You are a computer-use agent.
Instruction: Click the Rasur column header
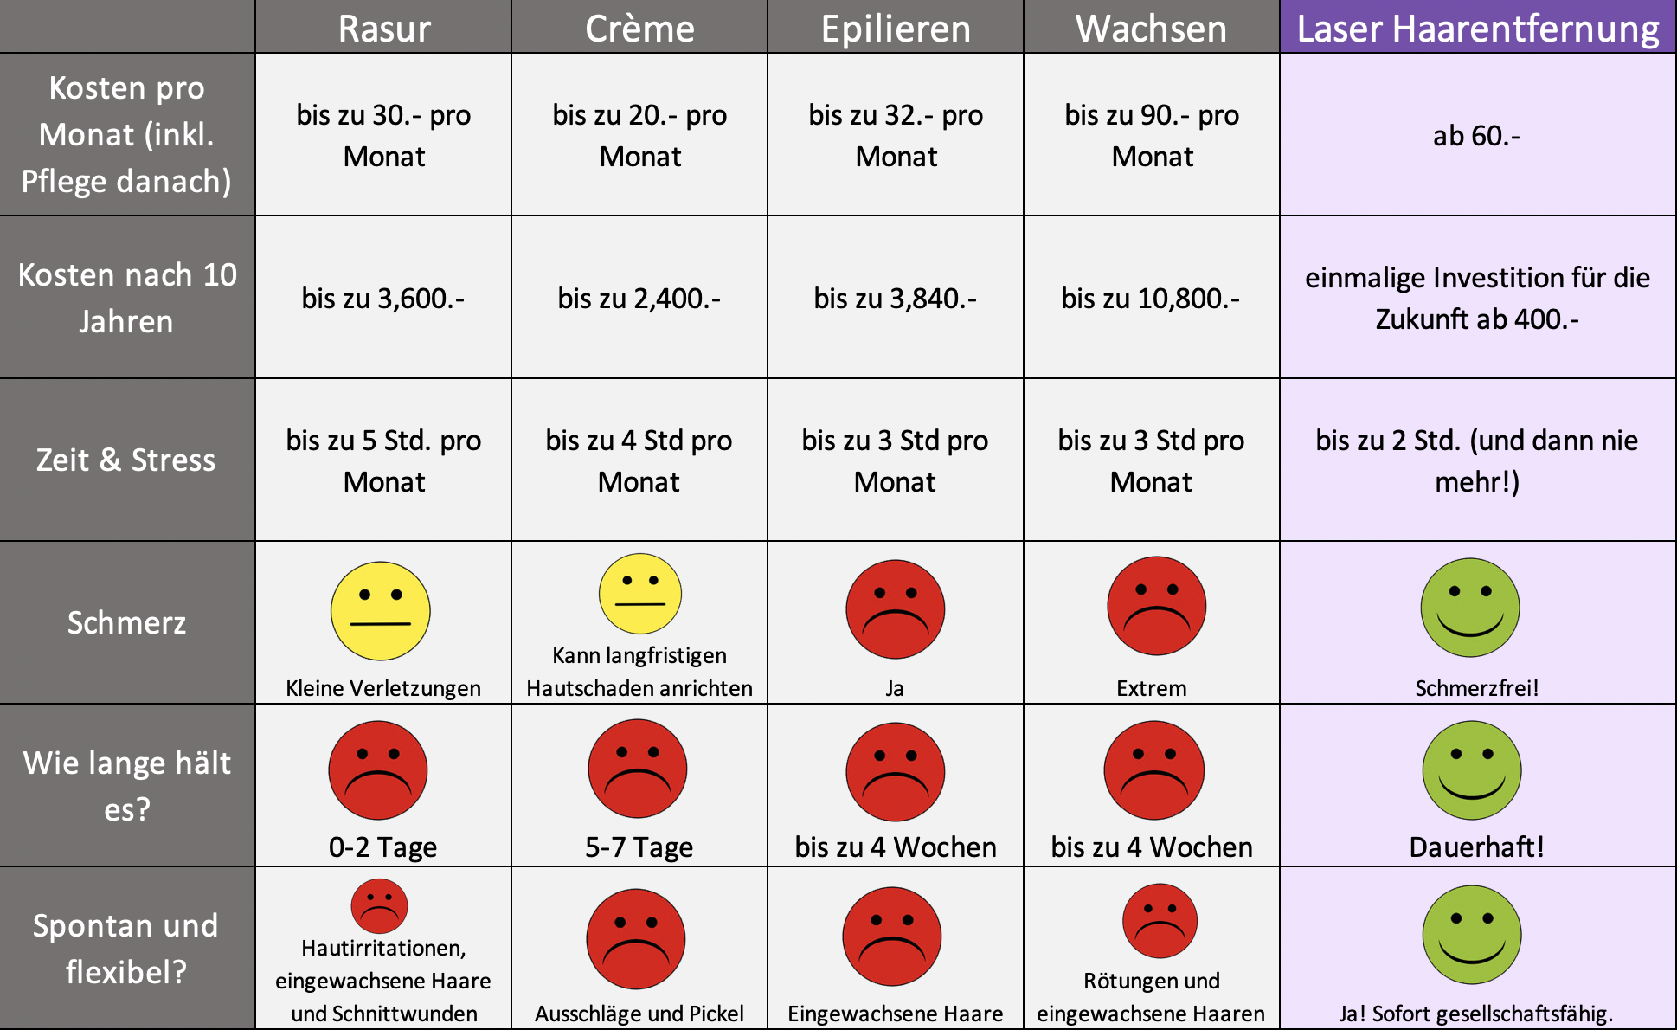pyautogui.click(x=383, y=29)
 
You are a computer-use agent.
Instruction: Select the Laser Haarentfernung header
pyautogui.click(x=1477, y=29)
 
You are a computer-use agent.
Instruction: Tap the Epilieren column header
pyautogui.click(x=896, y=29)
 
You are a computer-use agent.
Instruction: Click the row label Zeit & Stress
pyautogui.click(x=126, y=460)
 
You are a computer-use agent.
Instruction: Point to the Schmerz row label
pyautogui.click(x=126, y=622)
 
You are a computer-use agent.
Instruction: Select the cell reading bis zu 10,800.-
pyautogui.click(x=1151, y=299)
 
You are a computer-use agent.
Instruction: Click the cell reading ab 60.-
pyautogui.click(x=1476, y=136)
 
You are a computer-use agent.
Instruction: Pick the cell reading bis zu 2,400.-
pyautogui.click(x=639, y=299)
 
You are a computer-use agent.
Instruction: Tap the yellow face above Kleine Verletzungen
pyautogui.click(x=381, y=611)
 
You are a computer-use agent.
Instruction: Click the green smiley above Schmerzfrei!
pyautogui.click(x=1470, y=608)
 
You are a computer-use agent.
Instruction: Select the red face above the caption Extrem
pyautogui.click(x=1156, y=606)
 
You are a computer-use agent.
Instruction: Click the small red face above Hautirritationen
pyautogui.click(x=379, y=906)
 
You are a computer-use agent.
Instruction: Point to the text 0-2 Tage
pyautogui.click(x=382, y=847)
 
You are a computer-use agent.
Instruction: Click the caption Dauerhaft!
pyautogui.click(x=1476, y=847)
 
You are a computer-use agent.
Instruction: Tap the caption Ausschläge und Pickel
pyautogui.click(x=639, y=1014)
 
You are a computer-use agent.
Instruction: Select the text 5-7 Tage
pyautogui.click(x=639, y=847)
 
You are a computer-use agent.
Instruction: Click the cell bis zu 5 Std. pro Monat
pyautogui.click(x=383, y=460)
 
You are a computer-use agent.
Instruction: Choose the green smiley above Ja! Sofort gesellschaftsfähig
pyautogui.click(x=1471, y=935)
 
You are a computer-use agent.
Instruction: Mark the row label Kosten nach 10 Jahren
pyautogui.click(x=126, y=298)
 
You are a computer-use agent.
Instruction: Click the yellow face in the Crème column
pyautogui.click(x=640, y=594)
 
